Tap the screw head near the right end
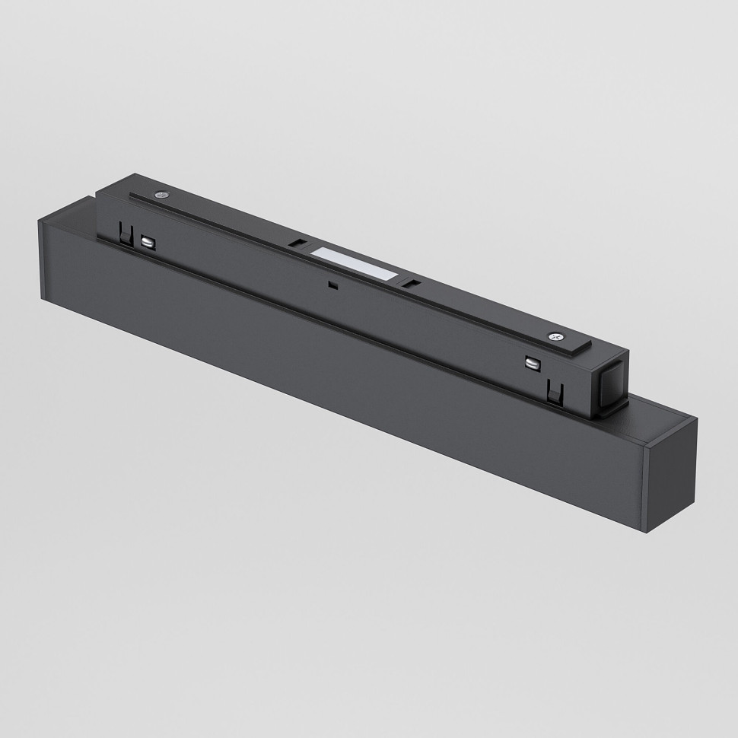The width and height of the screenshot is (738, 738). click(x=556, y=336)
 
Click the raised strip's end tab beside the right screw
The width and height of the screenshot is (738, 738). click(x=586, y=346)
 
